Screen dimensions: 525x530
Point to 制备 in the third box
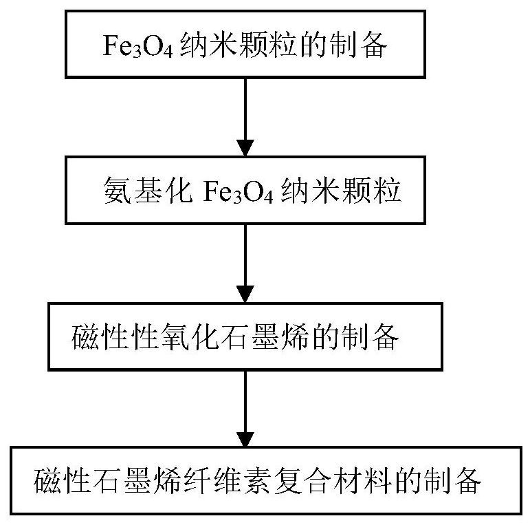point(377,337)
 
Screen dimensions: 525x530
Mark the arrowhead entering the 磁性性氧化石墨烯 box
point(245,288)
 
